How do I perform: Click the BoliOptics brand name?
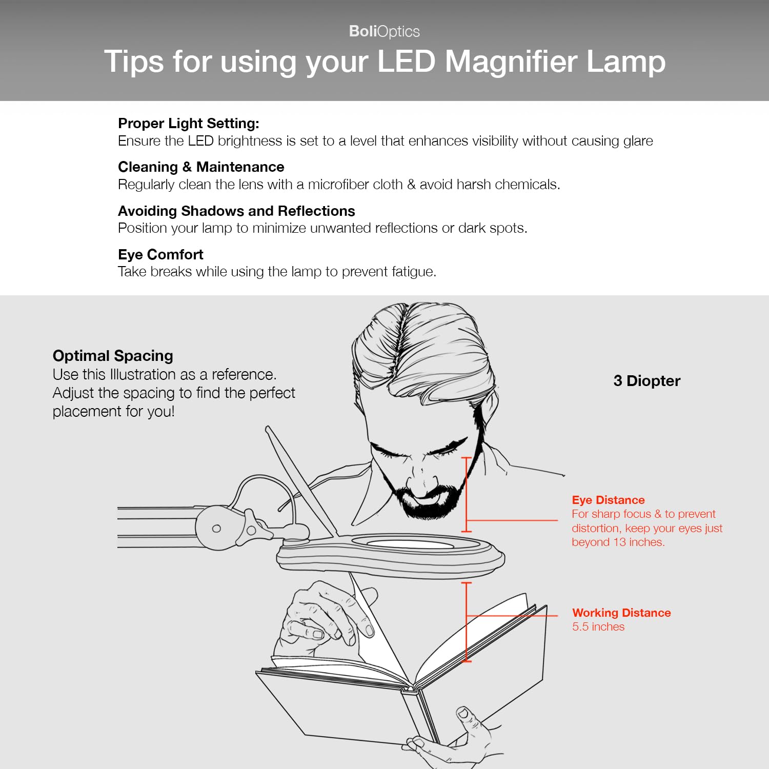point(384,31)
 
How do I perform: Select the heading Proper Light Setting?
point(188,124)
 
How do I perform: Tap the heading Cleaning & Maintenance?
point(201,167)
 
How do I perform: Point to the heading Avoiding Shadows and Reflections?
point(236,211)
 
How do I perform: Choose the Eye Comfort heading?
point(160,255)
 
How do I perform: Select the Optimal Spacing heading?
point(113,356)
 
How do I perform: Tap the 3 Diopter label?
point(646,381)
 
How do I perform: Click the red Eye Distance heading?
point(608,500)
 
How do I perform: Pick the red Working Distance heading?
point(621,613)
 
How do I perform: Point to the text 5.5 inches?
point(598,627)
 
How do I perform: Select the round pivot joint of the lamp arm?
point(216,528)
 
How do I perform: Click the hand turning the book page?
point(318,615)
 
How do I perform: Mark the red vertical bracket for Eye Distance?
point(467,495)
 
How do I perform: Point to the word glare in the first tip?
point(638,141)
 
